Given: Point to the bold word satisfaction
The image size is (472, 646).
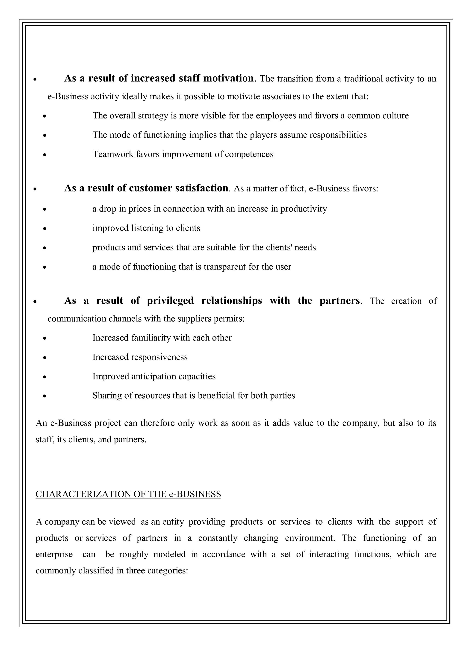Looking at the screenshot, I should (201, 188).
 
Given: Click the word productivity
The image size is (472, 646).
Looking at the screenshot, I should (304, 209).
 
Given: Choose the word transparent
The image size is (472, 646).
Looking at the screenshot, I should (226, 267).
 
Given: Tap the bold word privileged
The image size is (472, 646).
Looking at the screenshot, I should (170, 301).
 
